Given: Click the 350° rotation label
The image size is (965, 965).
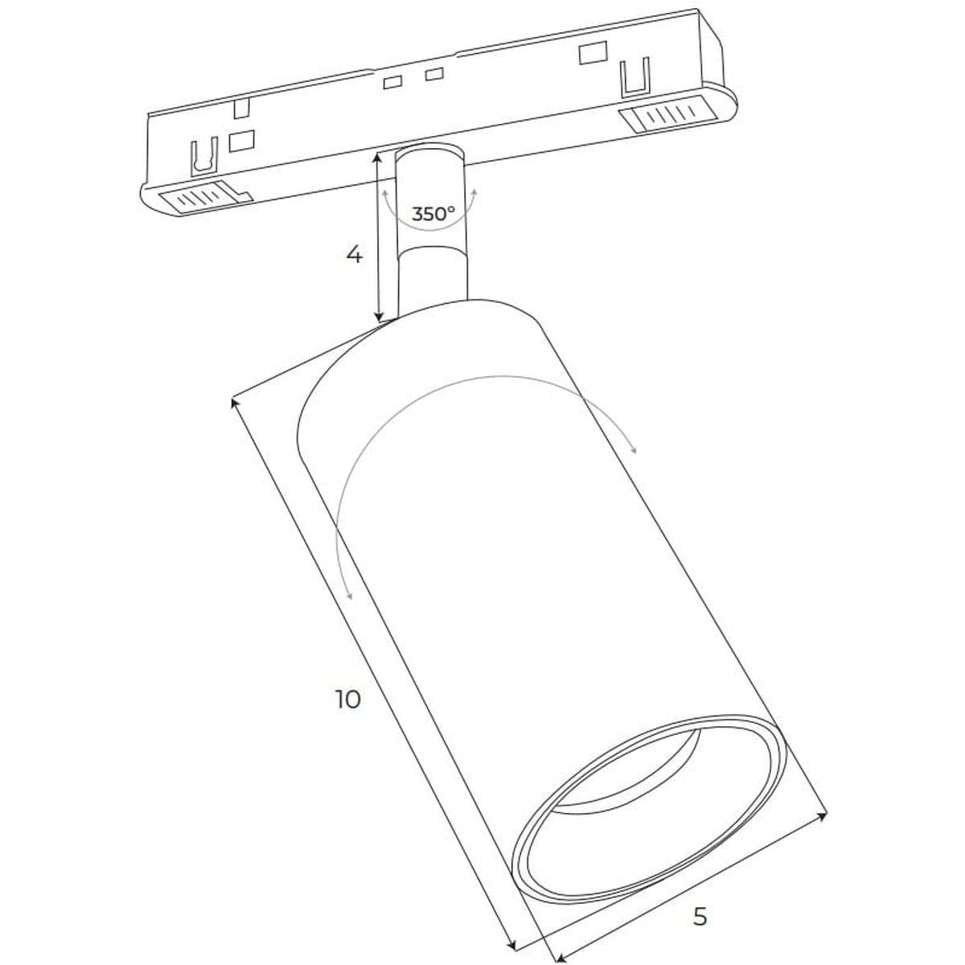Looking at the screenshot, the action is click(433, 214).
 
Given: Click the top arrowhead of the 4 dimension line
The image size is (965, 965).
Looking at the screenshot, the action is click(379, 159).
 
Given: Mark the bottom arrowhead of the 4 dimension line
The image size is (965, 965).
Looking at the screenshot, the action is click(379, 315).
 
